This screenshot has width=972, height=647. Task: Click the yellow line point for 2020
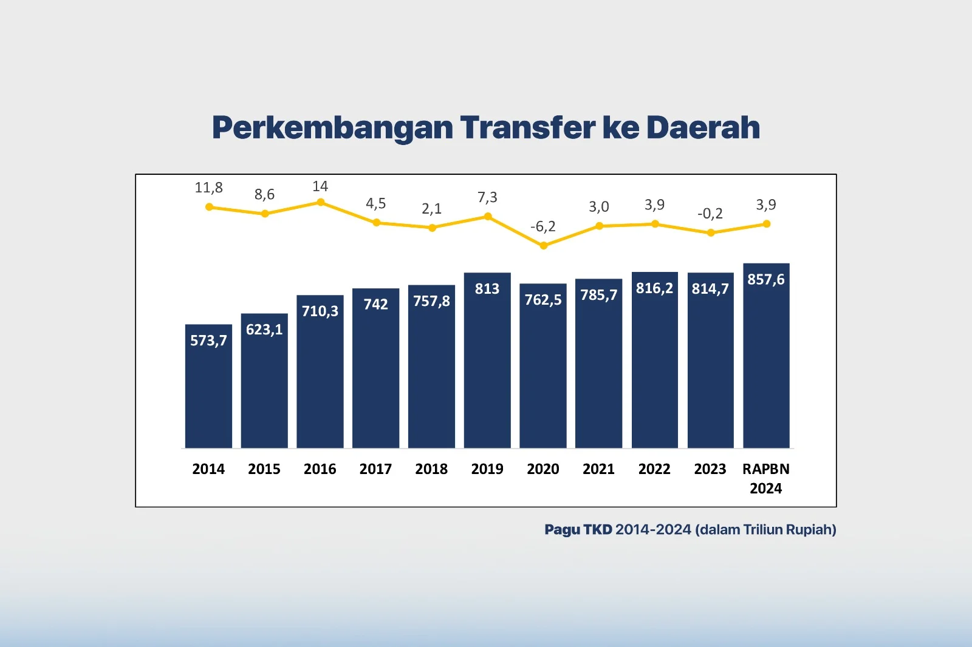pyautogui.click(x=544, y=246)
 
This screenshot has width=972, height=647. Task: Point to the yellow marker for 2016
pyautogui.click(x=321, y=202)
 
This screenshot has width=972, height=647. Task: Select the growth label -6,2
pyautogui.click(x=542, y=226)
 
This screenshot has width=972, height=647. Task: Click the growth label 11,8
pyautogui.click(x=208, y=188)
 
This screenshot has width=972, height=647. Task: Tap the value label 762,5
pyautogui.click(x=543, y=300)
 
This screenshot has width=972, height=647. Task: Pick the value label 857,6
pyautogui.click(x=766, y=279)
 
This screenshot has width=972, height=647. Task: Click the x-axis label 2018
pyautogui.click(x=431, y=469)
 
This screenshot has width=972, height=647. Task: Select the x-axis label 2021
pyautogui.click(x=598, y=469)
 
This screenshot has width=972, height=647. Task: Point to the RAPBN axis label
pyautogui.click(x=766, y=469)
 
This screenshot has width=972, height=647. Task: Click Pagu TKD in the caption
pyautogui.click(x=578, y=530)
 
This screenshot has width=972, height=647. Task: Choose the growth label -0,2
pyautogui.click(x=710, y=214)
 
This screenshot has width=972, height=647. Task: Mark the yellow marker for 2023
pyautogui.click(x=711, y=232)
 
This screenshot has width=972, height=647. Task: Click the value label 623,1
pyautogui.click(x=264, y=330)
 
